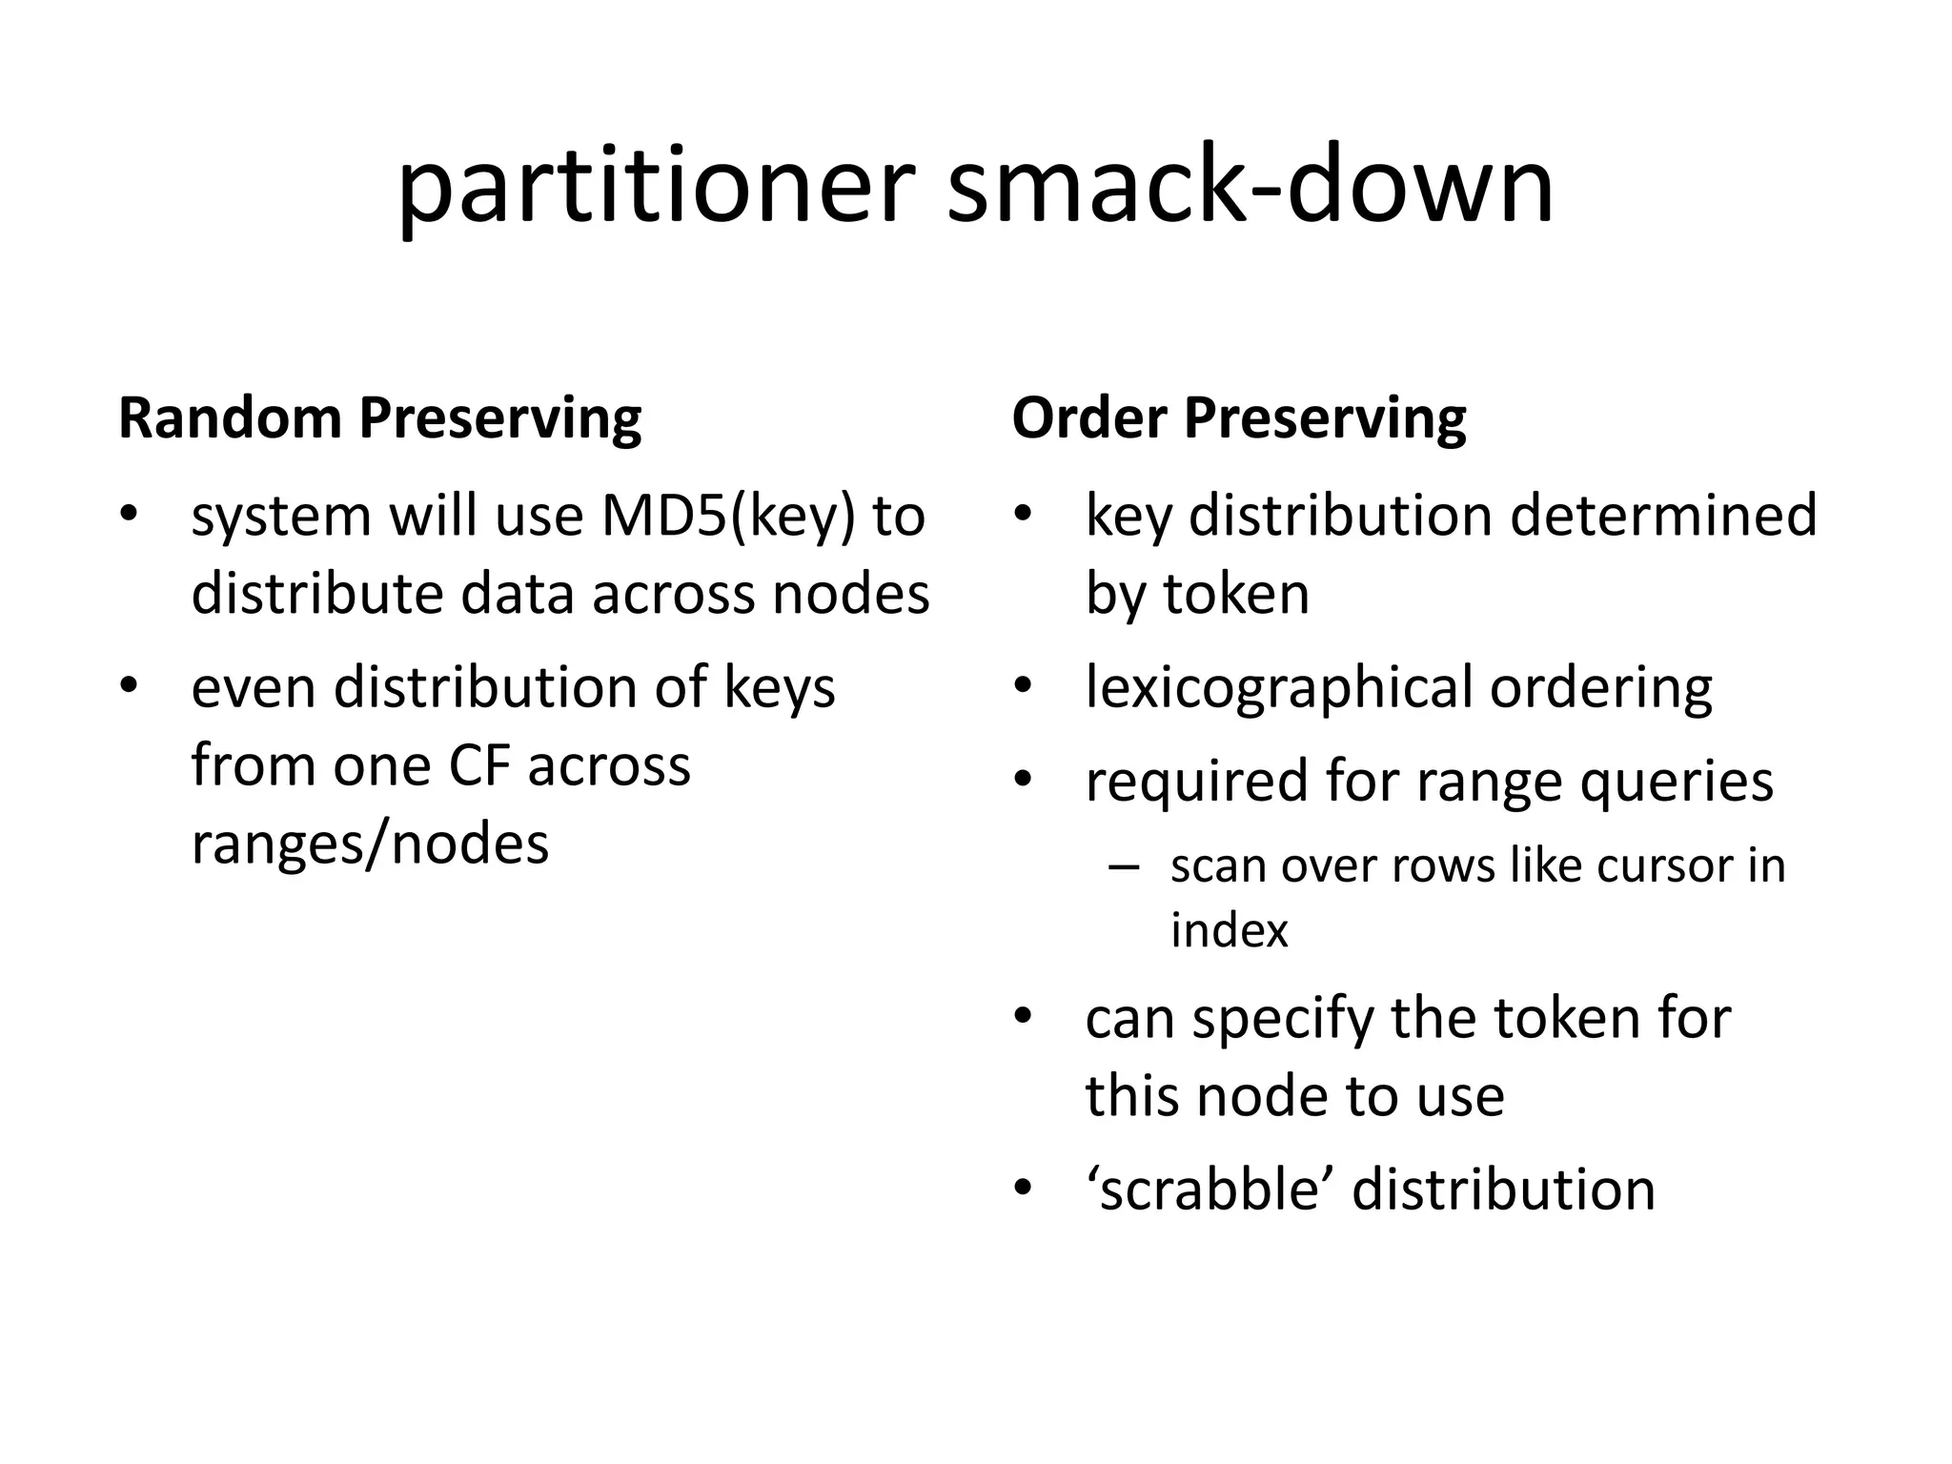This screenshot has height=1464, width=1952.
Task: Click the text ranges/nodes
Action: [370, 844]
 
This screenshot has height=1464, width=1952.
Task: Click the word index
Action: [1229, 930]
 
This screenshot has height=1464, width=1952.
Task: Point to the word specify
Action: [1283, 1018]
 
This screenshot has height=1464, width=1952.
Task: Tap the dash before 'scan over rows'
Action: [1125, 866]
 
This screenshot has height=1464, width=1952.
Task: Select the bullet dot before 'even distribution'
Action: [129, 686]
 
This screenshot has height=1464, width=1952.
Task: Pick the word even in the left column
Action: [253, 688]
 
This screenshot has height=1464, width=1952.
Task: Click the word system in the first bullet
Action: [281, 518]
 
